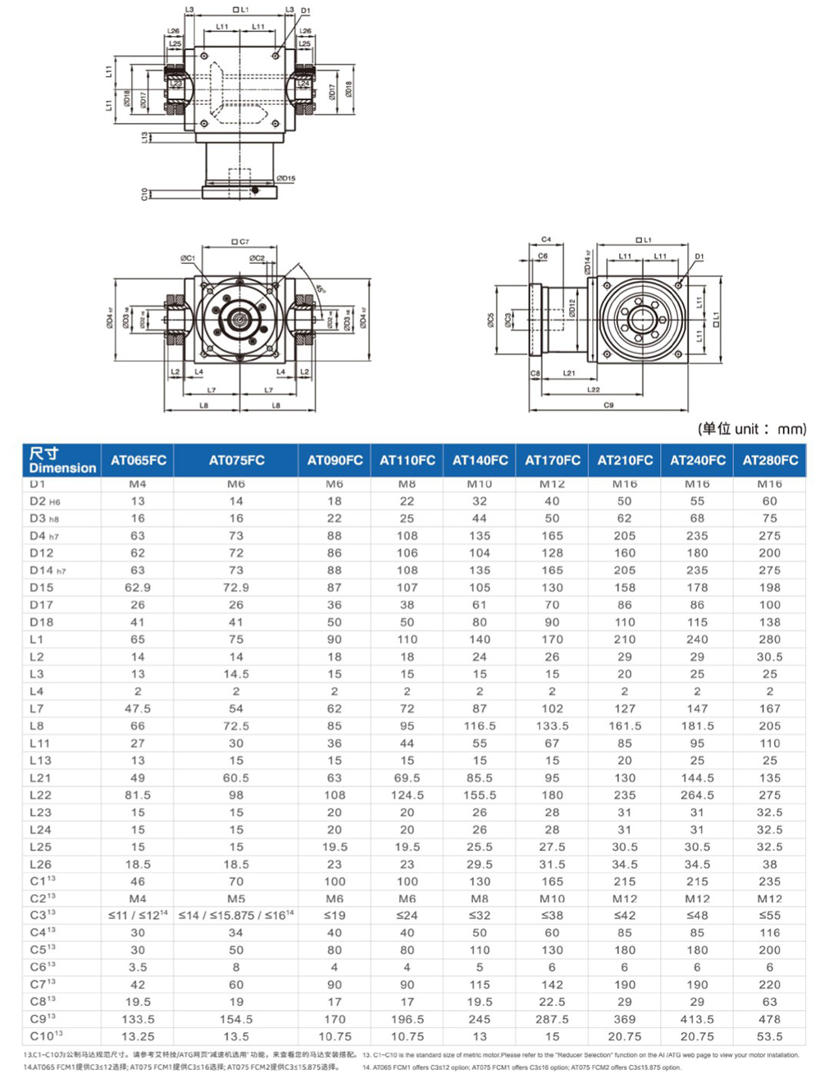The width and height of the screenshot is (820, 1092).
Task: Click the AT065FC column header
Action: tap(138, 461)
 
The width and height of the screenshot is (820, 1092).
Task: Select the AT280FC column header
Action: tap(769, 461)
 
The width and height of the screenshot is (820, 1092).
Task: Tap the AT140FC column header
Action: tap(480, 461)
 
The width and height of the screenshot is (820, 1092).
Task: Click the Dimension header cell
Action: tap(61, 461)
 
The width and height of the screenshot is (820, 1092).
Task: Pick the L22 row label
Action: tap(40, 795)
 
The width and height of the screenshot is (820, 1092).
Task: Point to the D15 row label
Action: tap(41, 588)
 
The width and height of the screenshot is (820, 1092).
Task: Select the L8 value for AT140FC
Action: tap(480, 726)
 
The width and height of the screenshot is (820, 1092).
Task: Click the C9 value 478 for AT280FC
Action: tap(769, 1020)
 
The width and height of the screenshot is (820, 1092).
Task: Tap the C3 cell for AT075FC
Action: tap(236, 916)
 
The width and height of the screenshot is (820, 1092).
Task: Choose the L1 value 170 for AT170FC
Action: tap(552, 639)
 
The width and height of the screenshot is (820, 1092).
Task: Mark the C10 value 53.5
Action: tap(769, 1037)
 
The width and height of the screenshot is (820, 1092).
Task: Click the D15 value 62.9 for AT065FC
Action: tap(138, 588)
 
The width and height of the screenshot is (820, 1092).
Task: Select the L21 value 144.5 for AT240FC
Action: tap(697, 778)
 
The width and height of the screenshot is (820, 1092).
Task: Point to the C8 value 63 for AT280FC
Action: tap(769, 1003)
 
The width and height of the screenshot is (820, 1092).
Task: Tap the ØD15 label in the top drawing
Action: tap(285, 178)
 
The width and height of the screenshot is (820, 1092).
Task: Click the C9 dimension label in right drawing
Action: tap(608, 406)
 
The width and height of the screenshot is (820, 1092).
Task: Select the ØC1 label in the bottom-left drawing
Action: tap(188, 258)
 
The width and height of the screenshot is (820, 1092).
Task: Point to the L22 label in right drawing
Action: tap(593, 390)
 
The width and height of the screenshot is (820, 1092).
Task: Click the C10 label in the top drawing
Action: tap(145, 194)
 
